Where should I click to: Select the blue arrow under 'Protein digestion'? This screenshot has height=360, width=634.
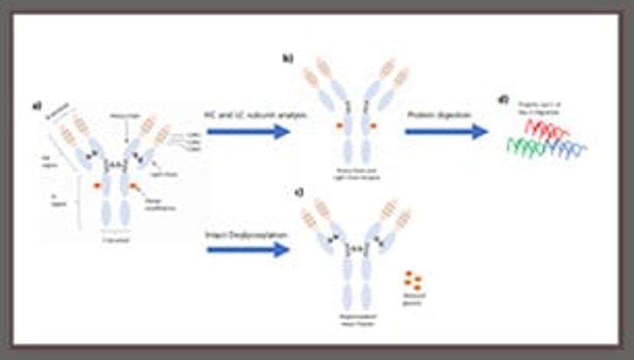(446, 132)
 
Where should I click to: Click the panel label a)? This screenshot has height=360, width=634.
(37, 106)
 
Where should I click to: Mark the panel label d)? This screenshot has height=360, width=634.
(502, 98)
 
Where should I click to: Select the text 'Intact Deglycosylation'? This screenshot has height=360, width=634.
(244, 232)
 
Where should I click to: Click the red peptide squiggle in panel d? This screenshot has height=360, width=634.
(548, 131)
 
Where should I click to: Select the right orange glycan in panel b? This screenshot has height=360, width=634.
(373, 124)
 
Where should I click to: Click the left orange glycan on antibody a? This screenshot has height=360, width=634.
(97, 185)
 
